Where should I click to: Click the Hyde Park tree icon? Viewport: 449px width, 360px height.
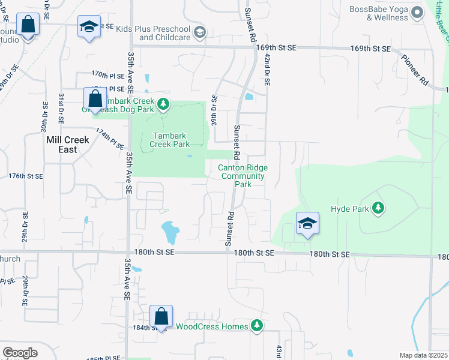click(378, 209)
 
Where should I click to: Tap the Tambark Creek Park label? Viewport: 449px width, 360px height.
click(170, 140)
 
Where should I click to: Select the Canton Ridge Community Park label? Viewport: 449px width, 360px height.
click(243, 176)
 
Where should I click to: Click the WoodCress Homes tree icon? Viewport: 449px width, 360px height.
click(257, 326)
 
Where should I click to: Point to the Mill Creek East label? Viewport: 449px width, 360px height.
click(68, 144)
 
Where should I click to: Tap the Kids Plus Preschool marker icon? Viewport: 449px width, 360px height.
click(200, 32)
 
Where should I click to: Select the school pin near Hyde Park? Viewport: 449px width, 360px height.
click(307, 224)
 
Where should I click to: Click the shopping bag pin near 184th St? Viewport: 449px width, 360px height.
click(161, 316)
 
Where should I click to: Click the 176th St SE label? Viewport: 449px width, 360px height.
click(26, 176)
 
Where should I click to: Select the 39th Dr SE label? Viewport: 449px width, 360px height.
click(214, 107)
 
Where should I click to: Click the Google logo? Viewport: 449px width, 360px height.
click(20, 353)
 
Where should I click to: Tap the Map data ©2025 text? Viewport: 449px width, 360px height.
click(423, 355)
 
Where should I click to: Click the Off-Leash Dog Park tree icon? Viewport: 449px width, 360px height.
click(163, 105)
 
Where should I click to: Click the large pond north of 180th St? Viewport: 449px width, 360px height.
click(169, 232)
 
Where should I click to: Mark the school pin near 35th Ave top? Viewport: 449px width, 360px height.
click(89, 27)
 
